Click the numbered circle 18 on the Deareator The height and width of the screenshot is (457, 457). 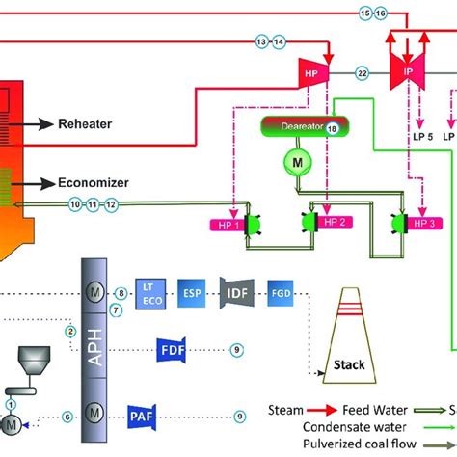click(333, 127)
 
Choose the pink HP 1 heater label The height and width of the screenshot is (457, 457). click(228, 225)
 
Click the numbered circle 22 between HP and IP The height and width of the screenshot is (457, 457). click(363, 72)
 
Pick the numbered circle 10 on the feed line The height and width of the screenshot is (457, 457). click(75, 204)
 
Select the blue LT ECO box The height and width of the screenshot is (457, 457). click(149, 291)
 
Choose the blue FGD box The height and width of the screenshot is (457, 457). click(278, 291)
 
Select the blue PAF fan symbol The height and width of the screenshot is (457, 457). click(141, 417)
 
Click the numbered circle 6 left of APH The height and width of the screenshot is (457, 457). click(68, 417)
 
